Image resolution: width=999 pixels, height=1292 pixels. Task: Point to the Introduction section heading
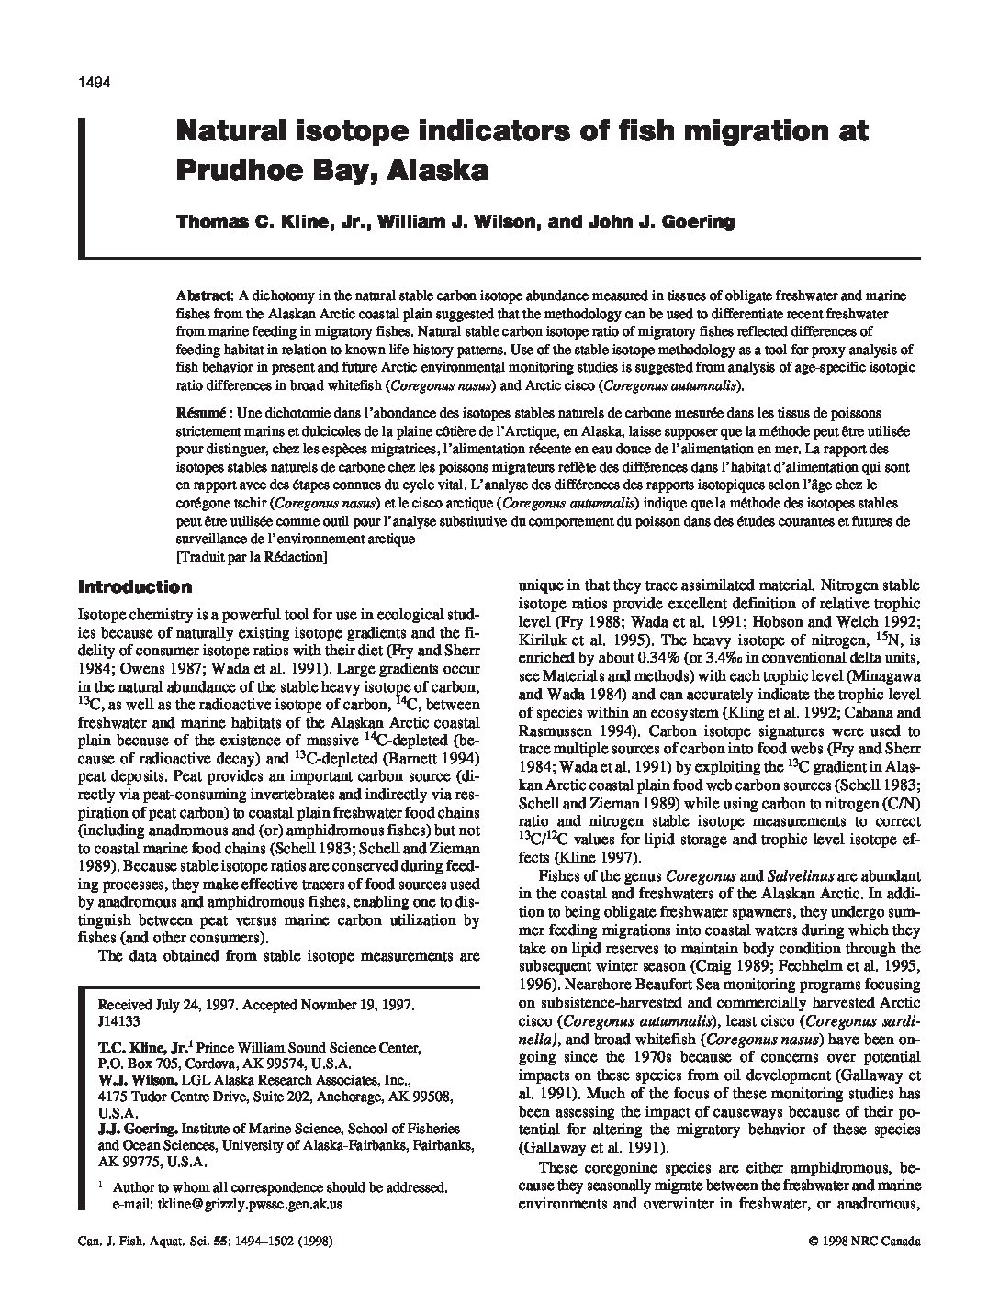point(135,587)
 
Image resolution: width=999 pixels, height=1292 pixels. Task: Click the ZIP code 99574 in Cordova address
point(303,1064)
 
